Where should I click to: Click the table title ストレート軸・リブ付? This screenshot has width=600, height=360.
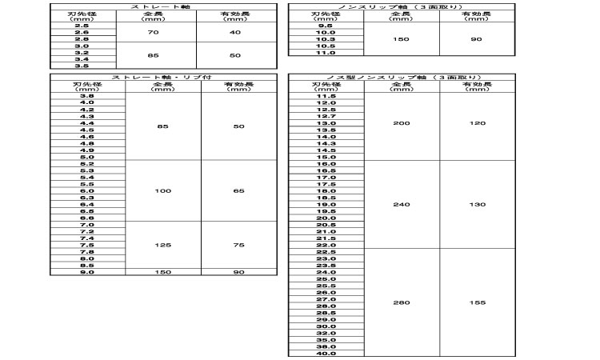pos(163,77)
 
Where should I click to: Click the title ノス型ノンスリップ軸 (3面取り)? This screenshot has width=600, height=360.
pos(402,77)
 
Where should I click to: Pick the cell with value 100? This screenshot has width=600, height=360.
pos(163,191)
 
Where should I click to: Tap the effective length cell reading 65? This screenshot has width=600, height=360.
pos(238,191)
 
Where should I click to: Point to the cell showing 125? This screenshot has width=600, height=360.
pos(163,245)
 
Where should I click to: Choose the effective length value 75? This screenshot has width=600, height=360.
pos(238,245)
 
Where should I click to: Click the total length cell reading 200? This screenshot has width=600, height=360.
pos(402,123)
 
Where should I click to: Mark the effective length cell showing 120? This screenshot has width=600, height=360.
pos(477,123)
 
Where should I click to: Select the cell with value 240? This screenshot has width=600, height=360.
pos(402,205)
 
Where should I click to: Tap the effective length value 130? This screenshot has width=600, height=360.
pos(477,205)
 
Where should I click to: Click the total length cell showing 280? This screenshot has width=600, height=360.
pos(402,303)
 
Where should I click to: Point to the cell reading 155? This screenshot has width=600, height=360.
pos(477,303)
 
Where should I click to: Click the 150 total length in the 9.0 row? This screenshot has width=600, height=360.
pos(163,272)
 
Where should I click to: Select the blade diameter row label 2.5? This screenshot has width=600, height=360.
pos(82,26)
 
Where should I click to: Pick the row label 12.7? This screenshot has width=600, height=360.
pos(326,116)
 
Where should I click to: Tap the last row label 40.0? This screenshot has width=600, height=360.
pos(326,353)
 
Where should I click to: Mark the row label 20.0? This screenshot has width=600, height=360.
pos(326,218)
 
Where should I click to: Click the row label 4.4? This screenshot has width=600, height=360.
pos(87,123)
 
